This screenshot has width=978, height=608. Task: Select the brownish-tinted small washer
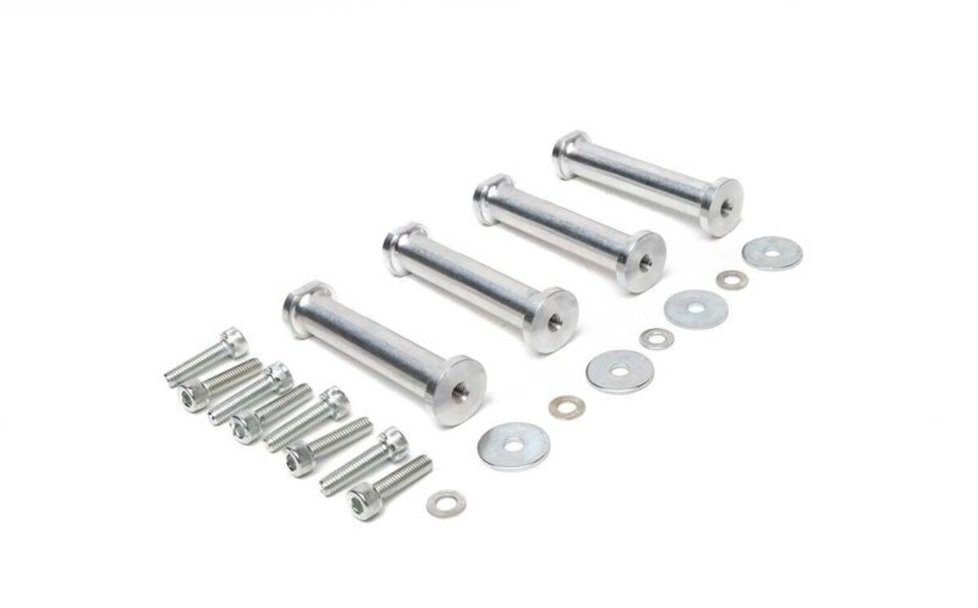[563, 404]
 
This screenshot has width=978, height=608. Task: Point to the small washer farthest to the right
[727, 280]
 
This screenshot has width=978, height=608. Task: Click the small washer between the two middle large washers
[654, 338]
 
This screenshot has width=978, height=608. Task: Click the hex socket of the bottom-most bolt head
[363, 500]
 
